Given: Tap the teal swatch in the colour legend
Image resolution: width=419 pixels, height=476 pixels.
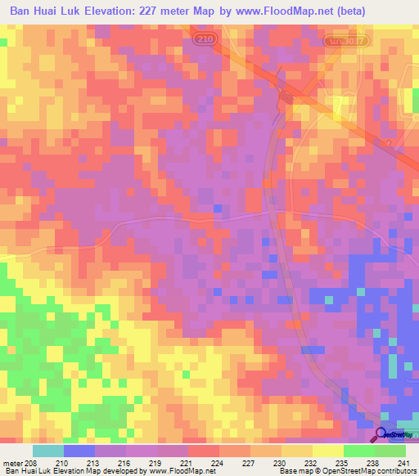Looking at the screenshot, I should (48, 451).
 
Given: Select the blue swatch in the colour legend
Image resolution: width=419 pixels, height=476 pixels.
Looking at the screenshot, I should (79, 451).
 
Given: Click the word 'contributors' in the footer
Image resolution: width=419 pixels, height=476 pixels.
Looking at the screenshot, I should (396, 470).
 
